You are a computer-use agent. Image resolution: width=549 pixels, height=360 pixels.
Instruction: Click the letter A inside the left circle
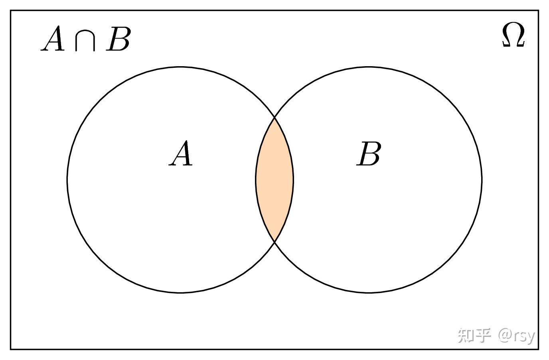(x=181, y=153)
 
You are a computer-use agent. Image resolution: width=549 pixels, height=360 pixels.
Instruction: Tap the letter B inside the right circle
(x=369, y=154)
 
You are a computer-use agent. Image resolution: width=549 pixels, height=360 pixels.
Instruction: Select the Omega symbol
(x=513, y=35)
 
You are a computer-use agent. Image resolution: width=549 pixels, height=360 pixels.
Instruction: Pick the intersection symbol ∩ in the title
(x=85, y=41)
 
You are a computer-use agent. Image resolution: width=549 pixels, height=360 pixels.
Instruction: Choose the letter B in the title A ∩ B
(x=118, y=39)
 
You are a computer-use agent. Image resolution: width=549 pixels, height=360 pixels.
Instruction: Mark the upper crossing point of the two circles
(x=274, y=118)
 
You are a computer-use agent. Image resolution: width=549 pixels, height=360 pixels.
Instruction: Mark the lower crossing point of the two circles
(x=274, y=242)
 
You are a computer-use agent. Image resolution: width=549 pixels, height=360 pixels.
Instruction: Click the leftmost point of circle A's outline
(x=67, y=180)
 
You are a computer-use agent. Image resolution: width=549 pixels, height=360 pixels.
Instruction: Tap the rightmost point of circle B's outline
(x=482, y=180)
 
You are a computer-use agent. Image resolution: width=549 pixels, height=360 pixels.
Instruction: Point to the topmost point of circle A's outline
(x=180, y=67)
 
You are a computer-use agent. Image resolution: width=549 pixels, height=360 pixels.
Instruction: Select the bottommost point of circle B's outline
(x=369, y=293)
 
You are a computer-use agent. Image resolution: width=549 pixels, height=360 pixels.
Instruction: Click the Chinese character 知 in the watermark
(x=466, y=336)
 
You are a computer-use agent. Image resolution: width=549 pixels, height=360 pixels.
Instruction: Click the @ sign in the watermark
(x=505, y=336)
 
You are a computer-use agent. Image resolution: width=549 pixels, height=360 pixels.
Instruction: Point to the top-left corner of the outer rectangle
(x=11, y=11)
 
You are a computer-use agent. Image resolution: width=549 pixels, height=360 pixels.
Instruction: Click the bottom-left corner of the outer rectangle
(x=11, y=349)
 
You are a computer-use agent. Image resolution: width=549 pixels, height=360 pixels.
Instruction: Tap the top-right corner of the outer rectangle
(x=538, y=11)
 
